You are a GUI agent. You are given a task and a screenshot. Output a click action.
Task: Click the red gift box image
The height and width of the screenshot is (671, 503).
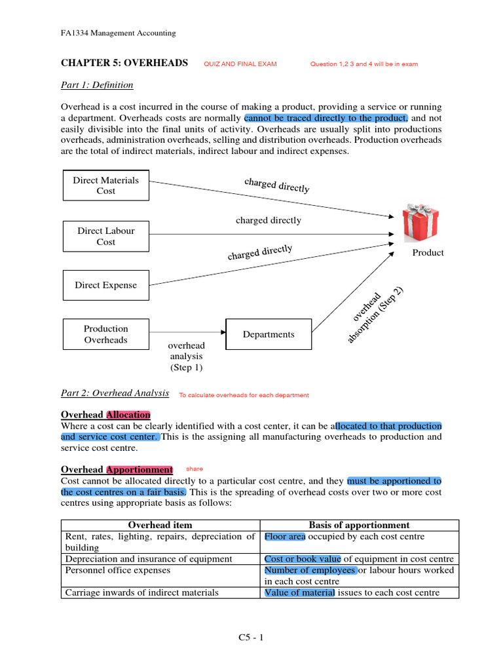point(420,223)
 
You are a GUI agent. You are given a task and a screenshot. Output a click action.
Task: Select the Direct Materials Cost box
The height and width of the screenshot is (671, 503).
point(105,185)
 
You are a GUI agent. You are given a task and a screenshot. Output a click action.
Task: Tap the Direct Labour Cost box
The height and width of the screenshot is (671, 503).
point(105,236)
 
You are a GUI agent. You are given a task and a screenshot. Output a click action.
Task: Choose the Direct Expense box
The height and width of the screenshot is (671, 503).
point(105,285)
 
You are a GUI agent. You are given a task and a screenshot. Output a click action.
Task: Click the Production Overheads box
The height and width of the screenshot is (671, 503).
point(105,334)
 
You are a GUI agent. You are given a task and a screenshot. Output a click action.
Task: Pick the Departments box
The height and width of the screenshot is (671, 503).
point(269,334)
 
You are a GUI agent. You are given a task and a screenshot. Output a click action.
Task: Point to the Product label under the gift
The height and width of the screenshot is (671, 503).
point(428,253)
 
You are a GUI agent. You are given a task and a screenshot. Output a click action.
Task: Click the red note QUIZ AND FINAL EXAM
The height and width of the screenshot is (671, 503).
point(240,64)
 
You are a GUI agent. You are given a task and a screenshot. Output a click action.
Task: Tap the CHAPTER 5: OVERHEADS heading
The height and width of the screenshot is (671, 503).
point(124,63)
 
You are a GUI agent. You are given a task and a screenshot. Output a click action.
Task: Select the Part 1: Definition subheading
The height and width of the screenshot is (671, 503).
point(97,85)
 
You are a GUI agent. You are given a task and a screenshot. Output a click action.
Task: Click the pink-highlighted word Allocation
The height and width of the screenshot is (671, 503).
point(128,415)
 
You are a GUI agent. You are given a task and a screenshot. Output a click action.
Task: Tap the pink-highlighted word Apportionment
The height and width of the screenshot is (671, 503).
point(140,470)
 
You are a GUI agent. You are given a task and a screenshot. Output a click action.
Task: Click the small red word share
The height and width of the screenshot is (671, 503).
point(195,469)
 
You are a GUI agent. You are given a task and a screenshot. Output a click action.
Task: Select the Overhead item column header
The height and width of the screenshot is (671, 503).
point(160,525)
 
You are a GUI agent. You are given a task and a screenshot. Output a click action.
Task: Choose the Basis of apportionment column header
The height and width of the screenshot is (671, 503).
point(359,525)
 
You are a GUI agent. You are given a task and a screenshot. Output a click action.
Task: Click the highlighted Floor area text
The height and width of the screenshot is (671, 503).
point(285,537)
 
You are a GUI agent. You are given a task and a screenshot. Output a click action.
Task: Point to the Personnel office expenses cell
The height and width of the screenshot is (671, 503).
point(117,570)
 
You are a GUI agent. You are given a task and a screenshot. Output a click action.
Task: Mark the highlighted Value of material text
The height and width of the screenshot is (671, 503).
point(299,593)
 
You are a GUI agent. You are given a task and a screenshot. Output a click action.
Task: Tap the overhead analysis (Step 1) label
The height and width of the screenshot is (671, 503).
point(187,356)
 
